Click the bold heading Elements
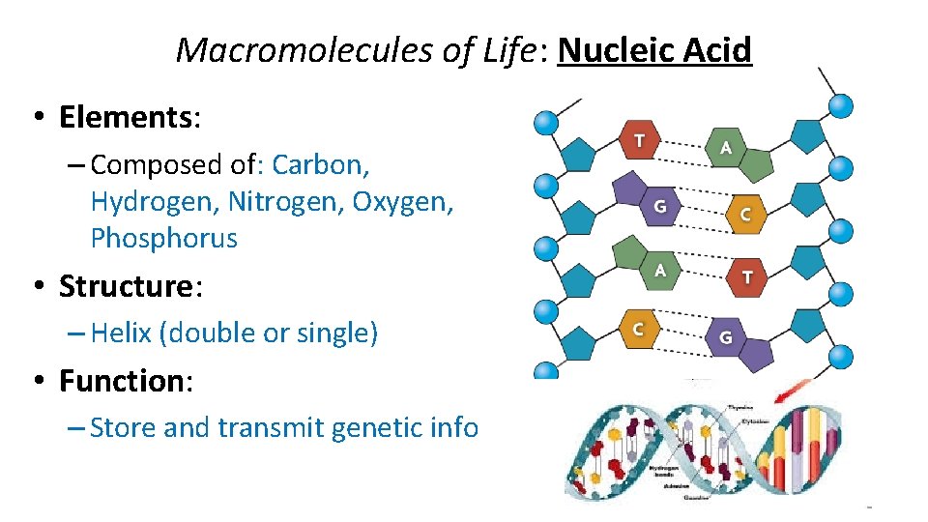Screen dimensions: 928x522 click(x=126, y=117)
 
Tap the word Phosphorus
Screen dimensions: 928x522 click(x=163, y=238)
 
